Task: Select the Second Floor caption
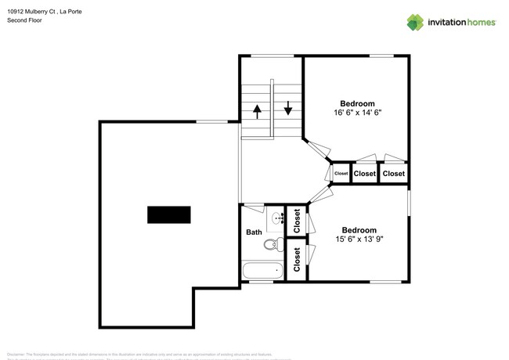pos(24,20)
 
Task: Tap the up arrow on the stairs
pos(257,111)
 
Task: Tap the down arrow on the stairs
pos(288,107)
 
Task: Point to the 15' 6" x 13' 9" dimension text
pos(359,239)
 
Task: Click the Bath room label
pos(254,232)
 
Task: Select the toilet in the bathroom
pos(271,245)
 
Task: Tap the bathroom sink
pos(277,217)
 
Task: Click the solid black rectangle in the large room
pos(169,214)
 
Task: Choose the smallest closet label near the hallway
pos(341,174)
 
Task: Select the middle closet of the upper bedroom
pos(365,174)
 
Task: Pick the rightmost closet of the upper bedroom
pos(394,174)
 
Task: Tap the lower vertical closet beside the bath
pos(297,259)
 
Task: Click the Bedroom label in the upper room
pos(357,103)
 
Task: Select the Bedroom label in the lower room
pos(359,230)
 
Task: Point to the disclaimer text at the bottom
pos(149,355)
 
